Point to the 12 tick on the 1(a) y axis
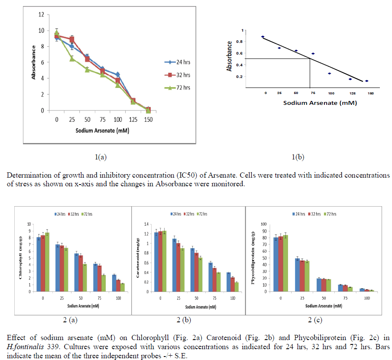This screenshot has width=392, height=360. click(x=41, y=14)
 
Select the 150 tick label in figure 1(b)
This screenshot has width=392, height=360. click(x=370, y=93)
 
